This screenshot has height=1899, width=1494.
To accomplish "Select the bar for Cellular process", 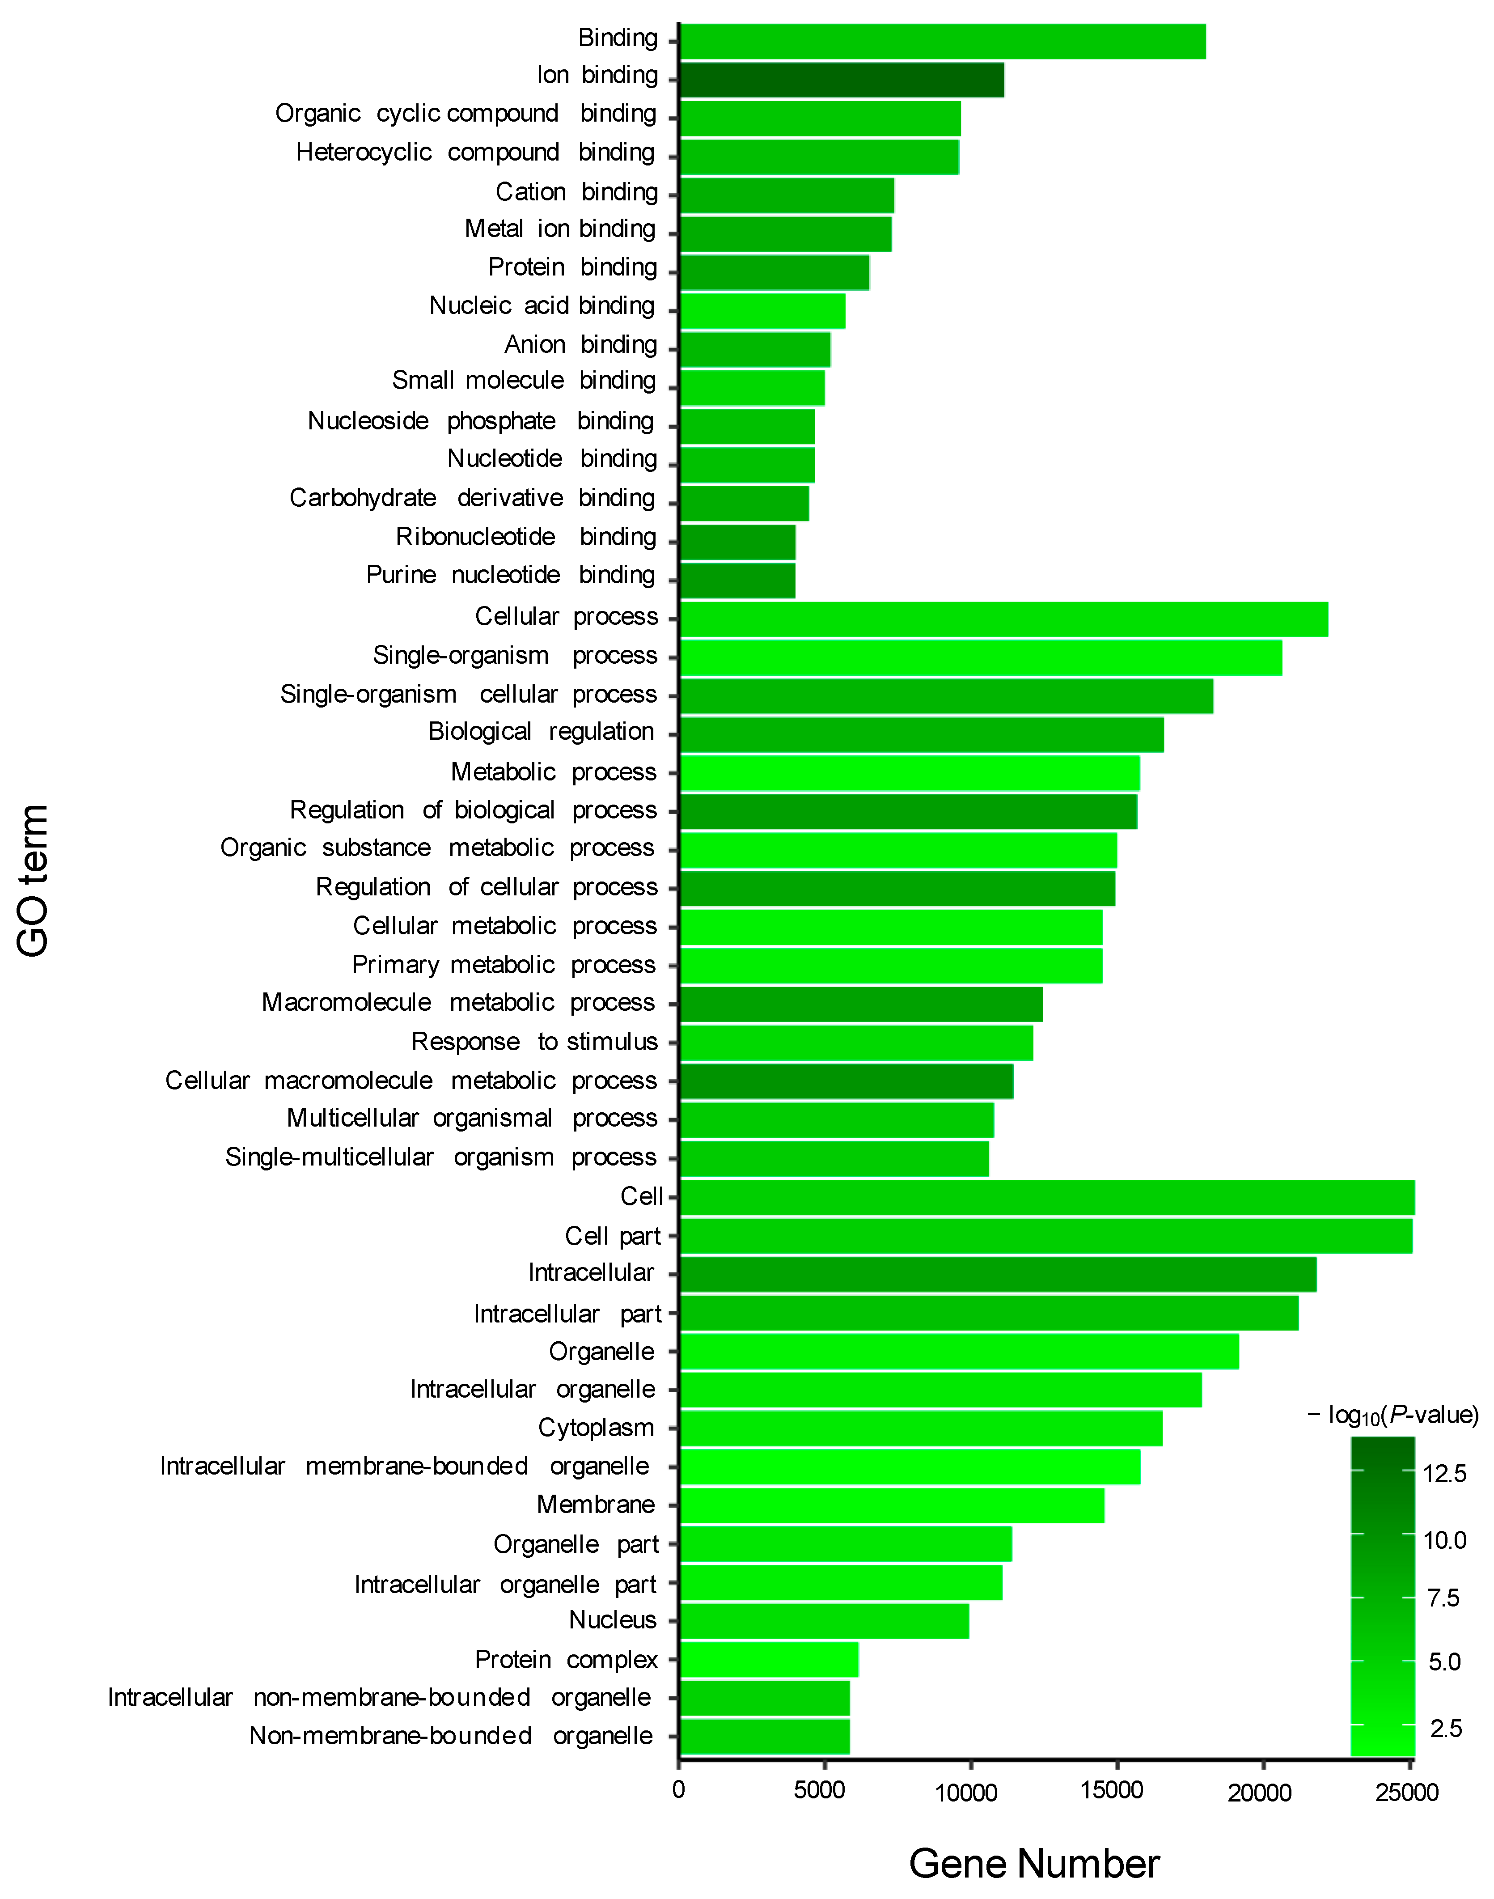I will click(1003, 619).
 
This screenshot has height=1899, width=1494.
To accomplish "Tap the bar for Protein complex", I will click(769, 1659).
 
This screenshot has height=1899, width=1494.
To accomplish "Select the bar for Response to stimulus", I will click(856, 1043).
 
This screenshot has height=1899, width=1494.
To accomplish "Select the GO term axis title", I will click(33, 880).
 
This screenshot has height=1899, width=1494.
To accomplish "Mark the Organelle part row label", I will click(576, 1544).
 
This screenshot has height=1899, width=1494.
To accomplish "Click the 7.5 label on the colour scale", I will click(1443, 1598).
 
